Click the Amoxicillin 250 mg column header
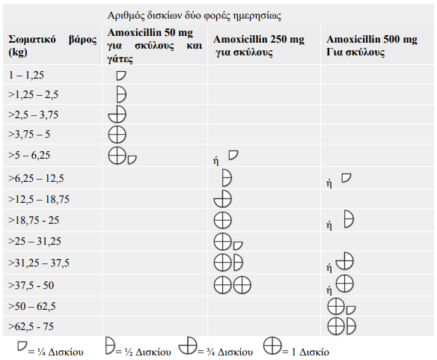point(259,46)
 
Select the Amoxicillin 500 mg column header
point(372,46)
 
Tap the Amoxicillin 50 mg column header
point(155,46)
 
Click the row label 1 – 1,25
point(26,75)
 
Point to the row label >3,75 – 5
point(29,134)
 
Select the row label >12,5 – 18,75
point(39,199)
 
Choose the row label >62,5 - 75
point(31,326)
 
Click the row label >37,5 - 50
point(31,285)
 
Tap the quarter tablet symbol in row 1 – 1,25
point(121,76)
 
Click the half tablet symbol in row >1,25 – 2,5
point(121,94)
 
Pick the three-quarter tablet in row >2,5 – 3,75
point(117,115)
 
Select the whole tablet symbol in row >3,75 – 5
point(117,135)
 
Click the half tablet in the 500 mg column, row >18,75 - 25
point(349,219)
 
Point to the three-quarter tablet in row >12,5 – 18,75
point(223,199)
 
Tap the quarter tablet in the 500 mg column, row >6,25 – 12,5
point(346,178)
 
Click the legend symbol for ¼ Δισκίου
point(22,346)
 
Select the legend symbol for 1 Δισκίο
point(272,346)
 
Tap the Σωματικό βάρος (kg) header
point(52,46)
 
